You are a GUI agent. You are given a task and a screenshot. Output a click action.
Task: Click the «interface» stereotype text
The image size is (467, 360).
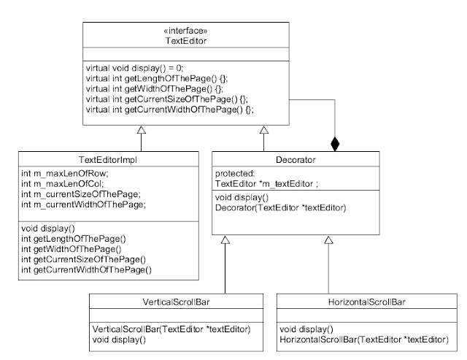tap(185, 31)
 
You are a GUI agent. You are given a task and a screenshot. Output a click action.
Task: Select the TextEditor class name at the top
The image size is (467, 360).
tap(186, 41)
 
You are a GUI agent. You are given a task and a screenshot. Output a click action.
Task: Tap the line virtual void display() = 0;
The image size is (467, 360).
tap(134, 68)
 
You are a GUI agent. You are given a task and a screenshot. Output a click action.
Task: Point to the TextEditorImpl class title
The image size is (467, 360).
tap(108, 160)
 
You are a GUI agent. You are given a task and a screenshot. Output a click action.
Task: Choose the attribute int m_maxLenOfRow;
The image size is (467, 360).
tap(65, 174)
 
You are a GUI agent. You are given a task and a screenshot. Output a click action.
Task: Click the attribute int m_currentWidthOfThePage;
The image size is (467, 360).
tap(84, 204)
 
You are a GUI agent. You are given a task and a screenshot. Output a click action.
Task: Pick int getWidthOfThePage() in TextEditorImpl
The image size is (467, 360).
tap(72, 249)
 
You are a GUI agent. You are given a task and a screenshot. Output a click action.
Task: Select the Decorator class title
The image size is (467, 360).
tap(296, 160)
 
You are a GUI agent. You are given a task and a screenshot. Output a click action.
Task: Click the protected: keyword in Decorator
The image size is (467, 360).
tap(235, 174)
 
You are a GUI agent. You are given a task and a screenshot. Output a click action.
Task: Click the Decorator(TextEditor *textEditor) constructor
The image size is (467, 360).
tap(280, 207)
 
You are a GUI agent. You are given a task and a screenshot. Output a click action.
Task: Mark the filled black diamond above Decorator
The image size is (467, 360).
tap(335, 145)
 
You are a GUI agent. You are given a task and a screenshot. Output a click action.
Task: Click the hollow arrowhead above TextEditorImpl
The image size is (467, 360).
tap(141, 130)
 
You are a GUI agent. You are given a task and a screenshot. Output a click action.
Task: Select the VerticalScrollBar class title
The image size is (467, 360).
tap(176, 302)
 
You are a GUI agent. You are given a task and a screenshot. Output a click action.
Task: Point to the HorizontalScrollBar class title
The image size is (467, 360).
tap(366, 302)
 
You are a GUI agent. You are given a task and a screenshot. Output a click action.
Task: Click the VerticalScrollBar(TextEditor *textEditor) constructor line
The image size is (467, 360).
tap(171, 329)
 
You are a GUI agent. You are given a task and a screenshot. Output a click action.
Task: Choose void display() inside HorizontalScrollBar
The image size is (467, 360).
tap(306, 329)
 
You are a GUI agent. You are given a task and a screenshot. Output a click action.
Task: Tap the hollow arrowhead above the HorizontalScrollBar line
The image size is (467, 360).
tap(328, 240)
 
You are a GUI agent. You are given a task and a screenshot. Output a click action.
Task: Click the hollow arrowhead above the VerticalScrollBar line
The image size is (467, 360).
tap(225, 240)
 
